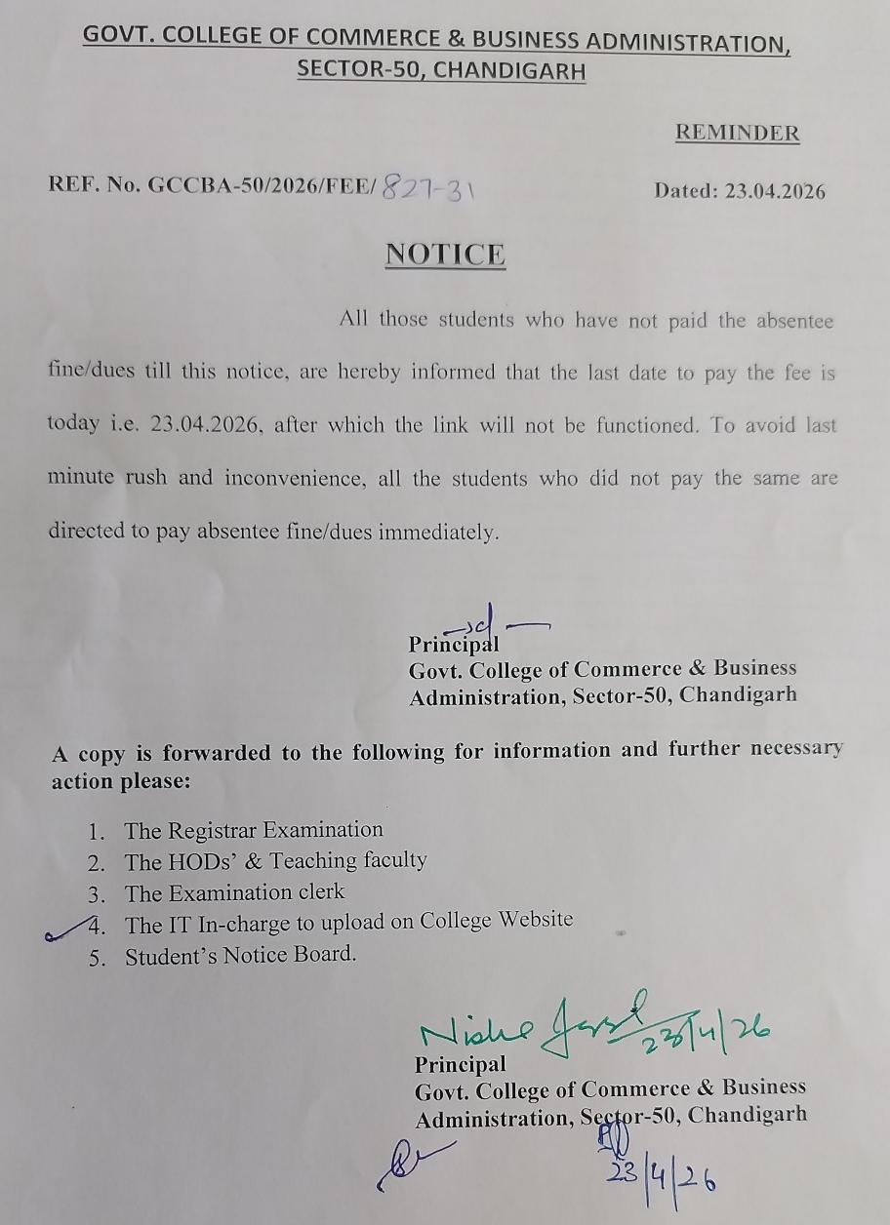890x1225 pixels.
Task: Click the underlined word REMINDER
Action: pyautogui.click(x=737, y=134)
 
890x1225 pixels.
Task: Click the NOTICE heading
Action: pyautogui.click(x=445, y=255)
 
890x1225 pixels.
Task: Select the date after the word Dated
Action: pyautogui.click(x=775, y=191)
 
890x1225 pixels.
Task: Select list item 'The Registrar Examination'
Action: pyautogui.click(x=253, y=830)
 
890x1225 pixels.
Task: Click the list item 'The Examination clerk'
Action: pyautogui.click(x=234, y=892)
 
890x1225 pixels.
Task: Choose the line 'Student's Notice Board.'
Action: pyautogui.click(x=240, y=956)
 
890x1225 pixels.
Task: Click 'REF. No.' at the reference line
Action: pyautogui.click(x=95, y=187)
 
